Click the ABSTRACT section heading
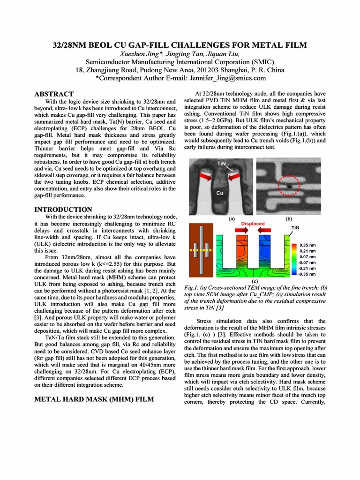54,94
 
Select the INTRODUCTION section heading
63,210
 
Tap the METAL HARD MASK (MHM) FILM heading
94,399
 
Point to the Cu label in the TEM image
219,193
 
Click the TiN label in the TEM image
222,164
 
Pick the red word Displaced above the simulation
253,224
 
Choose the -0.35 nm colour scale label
306,274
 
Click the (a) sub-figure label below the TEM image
231,218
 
